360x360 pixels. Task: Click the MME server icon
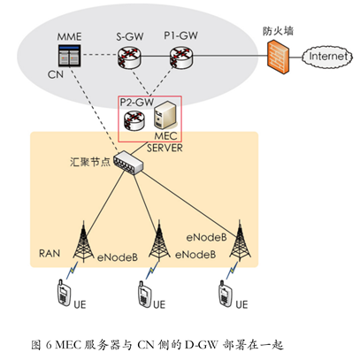pos(70,56)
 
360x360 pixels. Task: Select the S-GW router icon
pos(129,57)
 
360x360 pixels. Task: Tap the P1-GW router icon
pos(181,57)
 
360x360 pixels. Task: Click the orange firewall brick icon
pos(279,57)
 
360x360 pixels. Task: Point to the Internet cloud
pos(327,57)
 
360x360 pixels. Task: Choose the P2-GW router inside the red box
pos(134,120)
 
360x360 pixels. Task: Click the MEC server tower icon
pos(165,115)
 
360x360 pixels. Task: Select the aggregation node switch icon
pos(128,163)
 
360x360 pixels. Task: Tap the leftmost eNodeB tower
pos(83,241)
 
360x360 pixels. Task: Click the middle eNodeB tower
pos(159,241)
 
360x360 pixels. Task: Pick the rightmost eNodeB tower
pos(240,241)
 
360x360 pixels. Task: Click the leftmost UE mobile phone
pos(64,293)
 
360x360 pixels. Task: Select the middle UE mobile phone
pos(144,295)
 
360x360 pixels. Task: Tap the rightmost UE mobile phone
pos(226,294)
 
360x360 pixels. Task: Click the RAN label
pos(50,253)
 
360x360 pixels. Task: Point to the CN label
pos(56,74)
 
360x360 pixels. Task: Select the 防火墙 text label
pos(278,31)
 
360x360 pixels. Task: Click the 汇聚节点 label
pos(90,162)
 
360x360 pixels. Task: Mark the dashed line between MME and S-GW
pos(100,55)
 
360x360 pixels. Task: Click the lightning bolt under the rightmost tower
pos(233,271)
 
